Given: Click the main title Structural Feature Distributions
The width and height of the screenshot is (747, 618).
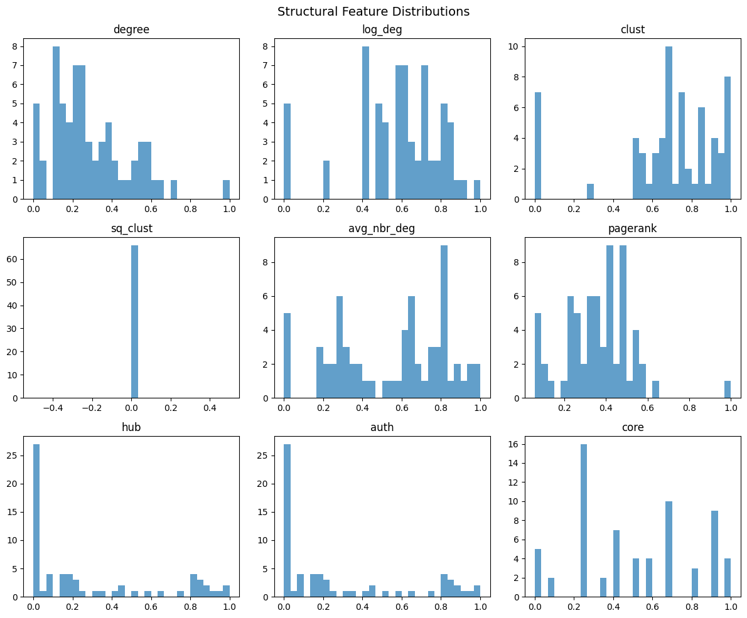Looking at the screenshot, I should (x=373, y=11).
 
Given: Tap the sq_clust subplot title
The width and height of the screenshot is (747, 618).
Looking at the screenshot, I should (x=131, y=228).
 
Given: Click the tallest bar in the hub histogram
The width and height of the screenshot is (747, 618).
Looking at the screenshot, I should (x=36, y=521).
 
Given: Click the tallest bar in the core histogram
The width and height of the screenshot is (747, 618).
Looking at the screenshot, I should (x=584, y=521).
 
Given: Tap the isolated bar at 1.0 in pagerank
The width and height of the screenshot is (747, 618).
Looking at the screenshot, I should (x=728, y=389).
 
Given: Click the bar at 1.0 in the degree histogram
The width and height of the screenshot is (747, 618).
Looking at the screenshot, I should (x=226, y=189).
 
